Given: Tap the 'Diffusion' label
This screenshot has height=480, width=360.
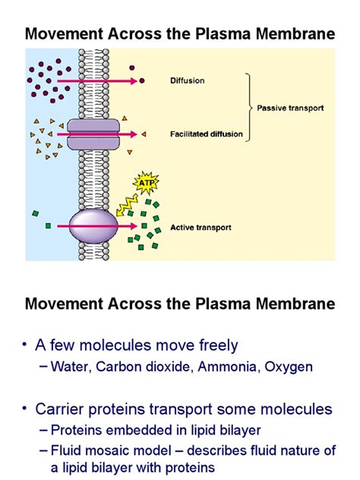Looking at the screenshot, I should (x=188, y=78).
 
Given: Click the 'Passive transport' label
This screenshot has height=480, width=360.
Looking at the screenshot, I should (x=289, y=108).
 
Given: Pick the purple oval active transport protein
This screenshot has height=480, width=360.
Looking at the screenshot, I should (x=93, y=226).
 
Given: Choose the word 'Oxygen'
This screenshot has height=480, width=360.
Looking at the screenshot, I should (x=286, y=367).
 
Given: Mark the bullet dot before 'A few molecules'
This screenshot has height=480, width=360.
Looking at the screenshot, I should (x=27, y=346).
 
